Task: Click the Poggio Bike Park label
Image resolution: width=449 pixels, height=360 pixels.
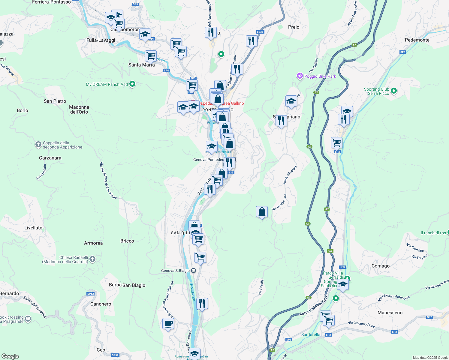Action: [320, 76]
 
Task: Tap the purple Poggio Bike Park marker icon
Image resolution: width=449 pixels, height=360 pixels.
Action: [300, 76]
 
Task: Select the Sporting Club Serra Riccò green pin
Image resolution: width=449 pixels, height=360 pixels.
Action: [394, 91]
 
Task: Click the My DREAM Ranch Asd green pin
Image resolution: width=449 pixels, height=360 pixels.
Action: [132, 84]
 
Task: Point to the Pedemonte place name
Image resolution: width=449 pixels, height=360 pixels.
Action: [417, 40]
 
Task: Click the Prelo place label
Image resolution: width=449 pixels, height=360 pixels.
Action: [294, 27]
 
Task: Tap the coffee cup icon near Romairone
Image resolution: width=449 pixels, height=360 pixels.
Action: [168, 324]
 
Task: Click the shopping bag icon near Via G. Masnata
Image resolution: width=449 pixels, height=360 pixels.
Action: [262, 212]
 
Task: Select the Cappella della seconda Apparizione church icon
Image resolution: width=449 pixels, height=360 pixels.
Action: [38, 145]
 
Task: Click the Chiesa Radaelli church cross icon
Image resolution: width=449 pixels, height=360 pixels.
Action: [92, 259]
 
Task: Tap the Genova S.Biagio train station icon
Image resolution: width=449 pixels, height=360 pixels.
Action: [194, 271]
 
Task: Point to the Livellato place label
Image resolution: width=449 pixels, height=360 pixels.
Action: [33, 228]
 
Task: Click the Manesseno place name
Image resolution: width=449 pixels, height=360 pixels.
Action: [390, 313]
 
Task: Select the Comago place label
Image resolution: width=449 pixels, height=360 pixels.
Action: [380, 266]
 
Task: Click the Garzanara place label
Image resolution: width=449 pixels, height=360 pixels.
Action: [50, 158]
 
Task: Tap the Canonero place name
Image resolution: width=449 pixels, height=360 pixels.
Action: [101, 304]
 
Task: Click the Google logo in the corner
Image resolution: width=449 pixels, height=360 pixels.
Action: [10, 356]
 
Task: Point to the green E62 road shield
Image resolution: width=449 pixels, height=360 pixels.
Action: [330, 251]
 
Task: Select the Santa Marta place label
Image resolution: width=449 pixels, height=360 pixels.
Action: [141, 65]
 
